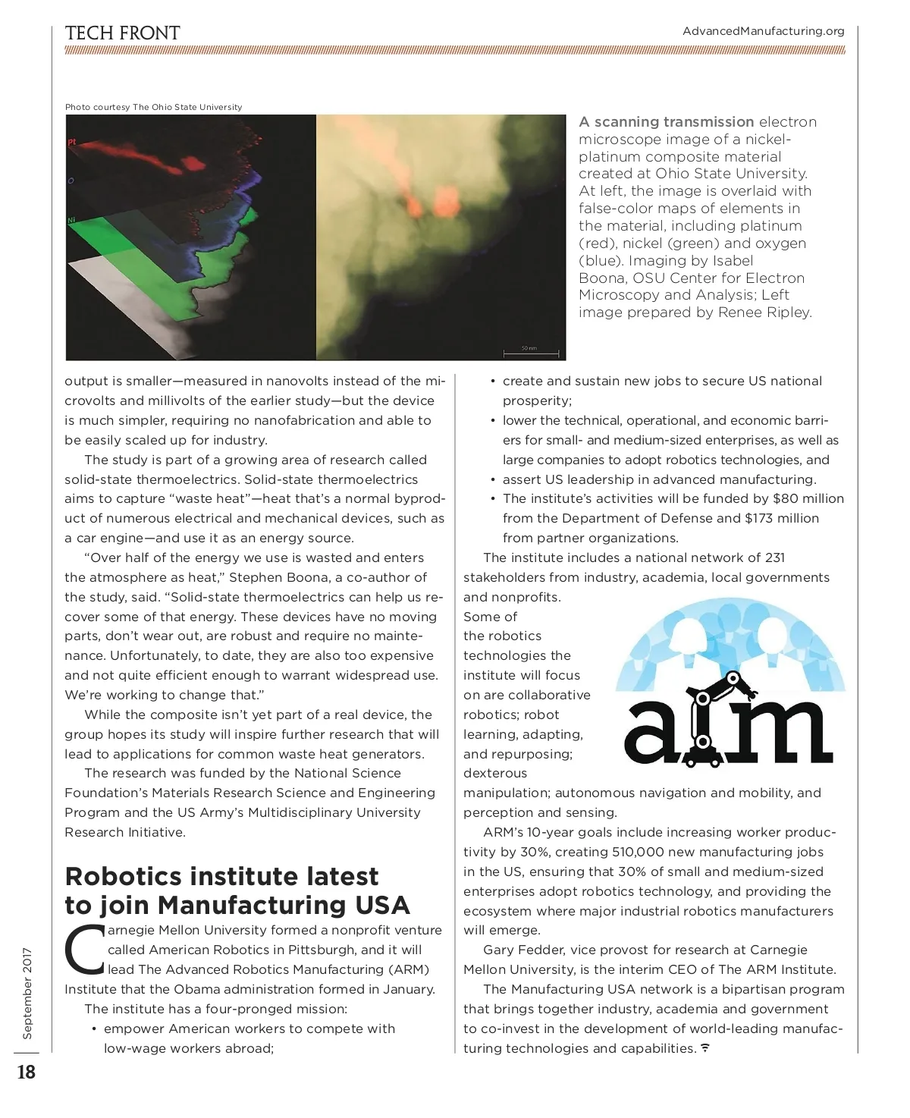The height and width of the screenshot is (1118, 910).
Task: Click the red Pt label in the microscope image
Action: [x=72, y=142]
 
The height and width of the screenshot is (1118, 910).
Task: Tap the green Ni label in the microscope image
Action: [x=71, y=221]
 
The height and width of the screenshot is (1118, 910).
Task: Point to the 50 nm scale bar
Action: [x=531, y=353]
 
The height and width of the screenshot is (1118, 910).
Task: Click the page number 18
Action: [x=27, y=1072]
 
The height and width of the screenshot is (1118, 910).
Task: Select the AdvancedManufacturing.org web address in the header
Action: [x=763, y=31]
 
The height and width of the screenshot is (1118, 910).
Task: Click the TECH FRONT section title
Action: [x=122, y=33]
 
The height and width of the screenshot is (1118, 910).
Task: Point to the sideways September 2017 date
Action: [x=27, y=993]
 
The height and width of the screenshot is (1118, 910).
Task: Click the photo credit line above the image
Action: [x=153, y=107]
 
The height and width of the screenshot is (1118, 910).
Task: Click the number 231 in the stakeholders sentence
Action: [x=775, y=557]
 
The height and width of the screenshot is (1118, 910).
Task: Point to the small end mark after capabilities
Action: [x=705, y=1048]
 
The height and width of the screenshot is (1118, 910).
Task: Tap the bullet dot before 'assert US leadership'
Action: [x=493, y=479]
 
